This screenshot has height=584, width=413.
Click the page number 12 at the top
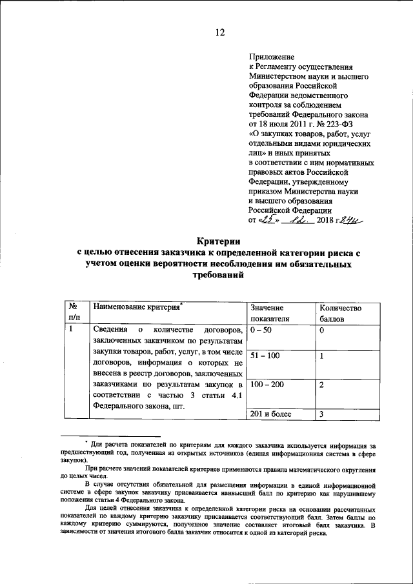point(220,33)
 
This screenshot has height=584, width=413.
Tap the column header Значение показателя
point(267,314)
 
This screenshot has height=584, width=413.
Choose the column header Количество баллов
point(336,314)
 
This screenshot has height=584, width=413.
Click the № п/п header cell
point(74,314)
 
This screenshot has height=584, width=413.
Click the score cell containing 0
point(321,330)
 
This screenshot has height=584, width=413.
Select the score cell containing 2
point(321,385)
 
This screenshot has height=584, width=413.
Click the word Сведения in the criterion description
point(111,330)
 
